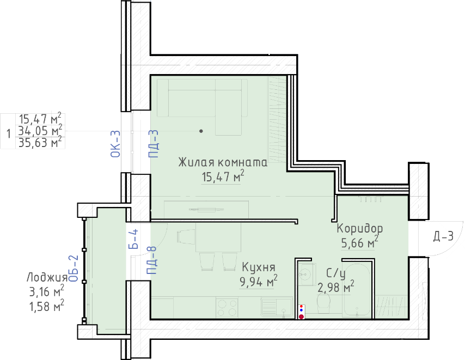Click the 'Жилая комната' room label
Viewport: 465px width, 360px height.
coord(223,162)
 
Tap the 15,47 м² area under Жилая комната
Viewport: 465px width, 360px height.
coord(223,176)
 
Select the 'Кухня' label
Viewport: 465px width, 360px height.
coord(259,267)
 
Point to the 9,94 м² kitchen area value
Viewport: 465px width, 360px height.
coord(259,281)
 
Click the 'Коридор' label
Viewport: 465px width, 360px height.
coord(360,229)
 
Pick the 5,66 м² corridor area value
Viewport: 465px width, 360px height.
coord(360,242)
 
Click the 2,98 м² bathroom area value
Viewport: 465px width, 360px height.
coord(336,287)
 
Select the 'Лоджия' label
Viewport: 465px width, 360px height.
coord(47,278)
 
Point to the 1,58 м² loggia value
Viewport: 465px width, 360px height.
coord(47,306)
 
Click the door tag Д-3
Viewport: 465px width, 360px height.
coord(444,236)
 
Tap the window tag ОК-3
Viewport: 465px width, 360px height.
coord(115,144)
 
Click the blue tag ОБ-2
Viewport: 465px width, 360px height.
coord(74,269)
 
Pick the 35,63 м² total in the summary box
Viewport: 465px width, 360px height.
coord(40,143)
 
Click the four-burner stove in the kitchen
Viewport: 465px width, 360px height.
coord(227,308)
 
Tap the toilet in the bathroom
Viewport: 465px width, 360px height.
coord(323,304)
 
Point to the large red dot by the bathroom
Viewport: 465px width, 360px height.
coord(301,317)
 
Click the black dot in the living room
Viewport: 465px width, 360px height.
coord(201,131)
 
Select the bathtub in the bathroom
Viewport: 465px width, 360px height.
coord(357,290)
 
